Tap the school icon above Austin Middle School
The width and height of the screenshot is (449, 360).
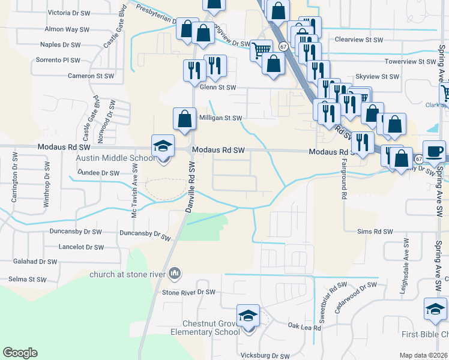coord(163,146)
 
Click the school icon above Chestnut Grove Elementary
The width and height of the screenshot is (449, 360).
coord(248,316)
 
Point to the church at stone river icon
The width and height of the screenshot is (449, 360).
coord(175,274)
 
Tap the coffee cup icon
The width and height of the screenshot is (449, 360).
coord(434,151)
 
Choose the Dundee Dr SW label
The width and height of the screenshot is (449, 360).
coord(99,173)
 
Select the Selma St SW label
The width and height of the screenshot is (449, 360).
coord(28,280)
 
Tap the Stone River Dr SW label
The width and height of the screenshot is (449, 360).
coord(188,292)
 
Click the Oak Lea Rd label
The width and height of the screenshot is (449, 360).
coord(304,327)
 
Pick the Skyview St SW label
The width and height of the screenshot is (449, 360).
coord(377,77)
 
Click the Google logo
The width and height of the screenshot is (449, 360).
coord(20,353)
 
